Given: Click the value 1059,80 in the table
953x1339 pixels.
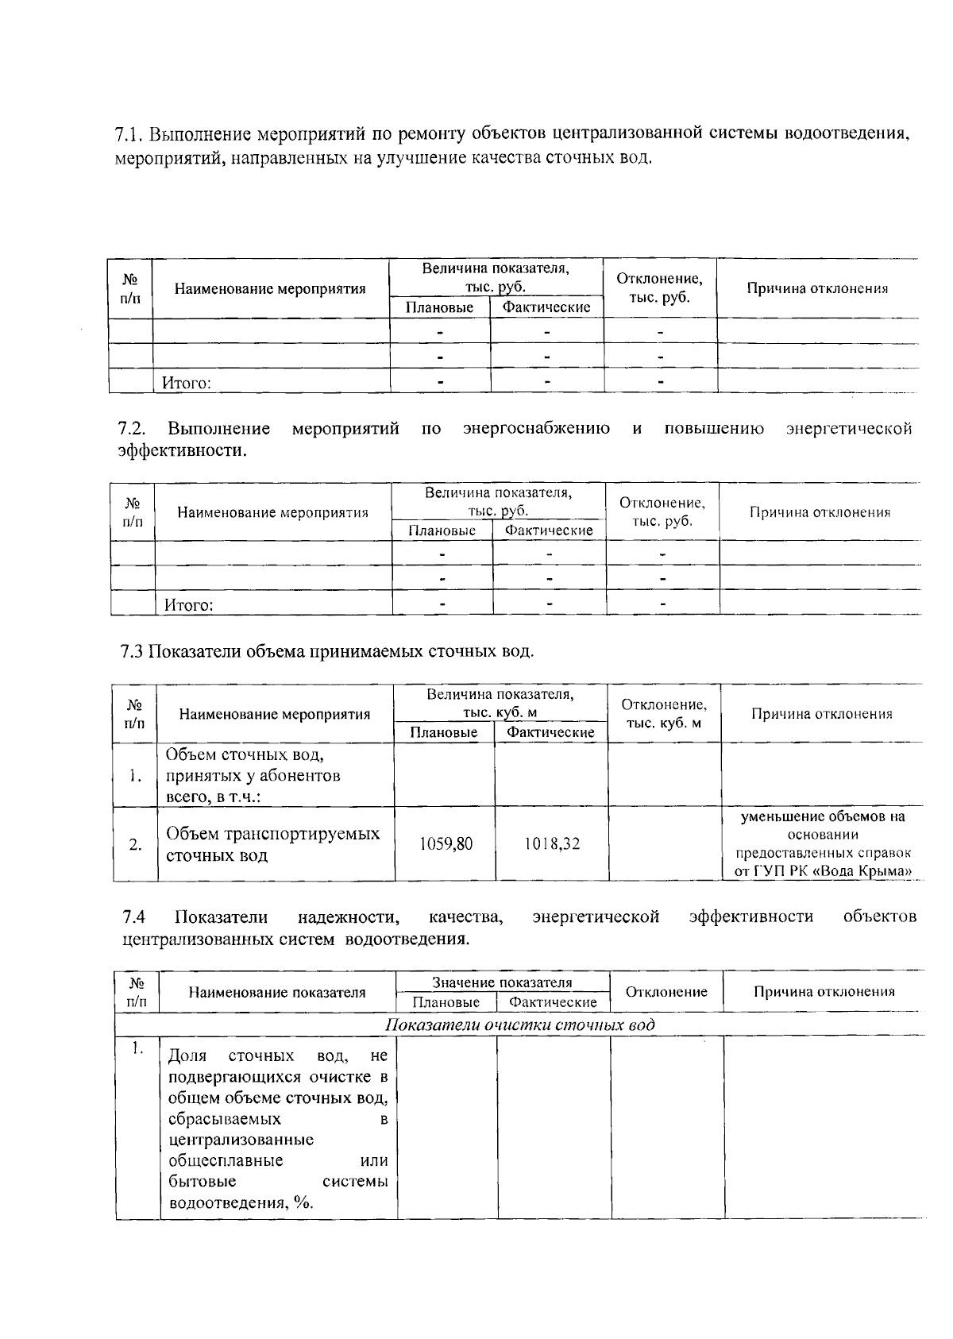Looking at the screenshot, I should click(446, 844).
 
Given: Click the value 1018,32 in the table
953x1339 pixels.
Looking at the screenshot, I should click(551, 844).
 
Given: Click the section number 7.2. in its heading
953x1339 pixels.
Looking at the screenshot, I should click(131, 430).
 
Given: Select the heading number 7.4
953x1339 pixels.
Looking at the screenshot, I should click(133, 917).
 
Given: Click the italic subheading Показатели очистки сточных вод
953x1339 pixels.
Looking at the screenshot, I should click(520, 1025).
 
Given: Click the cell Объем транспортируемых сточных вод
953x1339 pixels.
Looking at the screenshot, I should click(272, 844).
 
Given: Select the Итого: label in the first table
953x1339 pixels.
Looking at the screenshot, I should click(187, 384).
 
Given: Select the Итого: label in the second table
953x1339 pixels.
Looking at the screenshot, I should click(189, 606).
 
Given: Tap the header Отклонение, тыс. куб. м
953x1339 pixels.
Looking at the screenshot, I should click(664, 714).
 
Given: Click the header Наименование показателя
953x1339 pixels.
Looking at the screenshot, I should click(277, 992).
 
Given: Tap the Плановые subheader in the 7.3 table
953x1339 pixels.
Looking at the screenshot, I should click(444, 732).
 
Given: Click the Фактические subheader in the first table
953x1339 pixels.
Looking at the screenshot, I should click(546, 307).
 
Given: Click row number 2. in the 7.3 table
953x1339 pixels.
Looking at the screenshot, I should click(136, 844).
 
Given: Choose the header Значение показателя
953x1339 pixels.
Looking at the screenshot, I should click(502, 982).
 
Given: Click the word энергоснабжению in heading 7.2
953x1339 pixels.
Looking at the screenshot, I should click(536, 430).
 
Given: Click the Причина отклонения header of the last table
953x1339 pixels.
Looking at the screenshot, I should click(824, 991).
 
